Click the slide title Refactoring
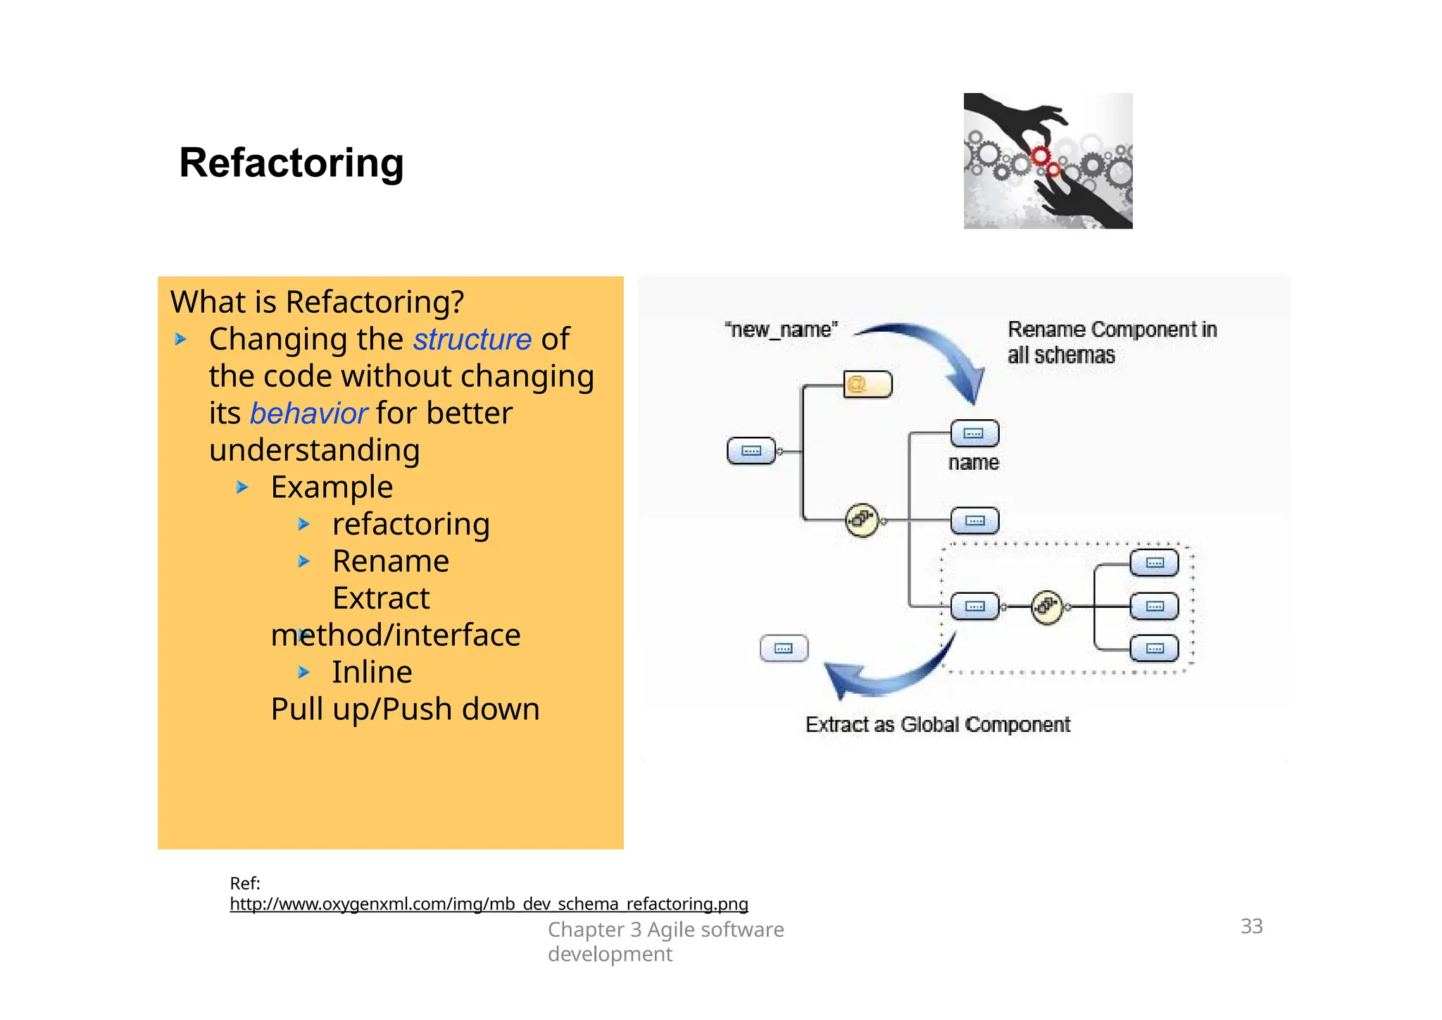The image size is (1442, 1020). click(291, 163)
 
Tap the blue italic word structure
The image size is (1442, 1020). click(472, 340)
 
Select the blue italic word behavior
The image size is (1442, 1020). click(308, 413)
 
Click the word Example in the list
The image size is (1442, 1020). click(332, 487)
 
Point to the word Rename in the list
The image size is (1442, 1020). click(390, 561)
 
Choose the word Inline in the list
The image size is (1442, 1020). click(372, 672)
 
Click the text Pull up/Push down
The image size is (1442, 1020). click(405, 709)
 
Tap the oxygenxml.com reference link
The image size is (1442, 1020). click(489, 904)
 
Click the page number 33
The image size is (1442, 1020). click(1251, 926)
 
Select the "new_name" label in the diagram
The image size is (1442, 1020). click(781, 330)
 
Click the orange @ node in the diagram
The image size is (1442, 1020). click(867, 385)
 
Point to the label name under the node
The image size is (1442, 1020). click(973, 463)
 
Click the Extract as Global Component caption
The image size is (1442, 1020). click(937, 725)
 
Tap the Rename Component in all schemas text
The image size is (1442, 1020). click(1111, 342)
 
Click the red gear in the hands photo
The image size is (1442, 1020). click(1040, 156)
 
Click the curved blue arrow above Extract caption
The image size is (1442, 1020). click(887, 673)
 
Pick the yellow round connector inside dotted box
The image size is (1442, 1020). click(1046, 607)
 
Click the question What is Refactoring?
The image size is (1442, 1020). click(317, 302)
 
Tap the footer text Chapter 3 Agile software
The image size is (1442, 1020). click(665, 930)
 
